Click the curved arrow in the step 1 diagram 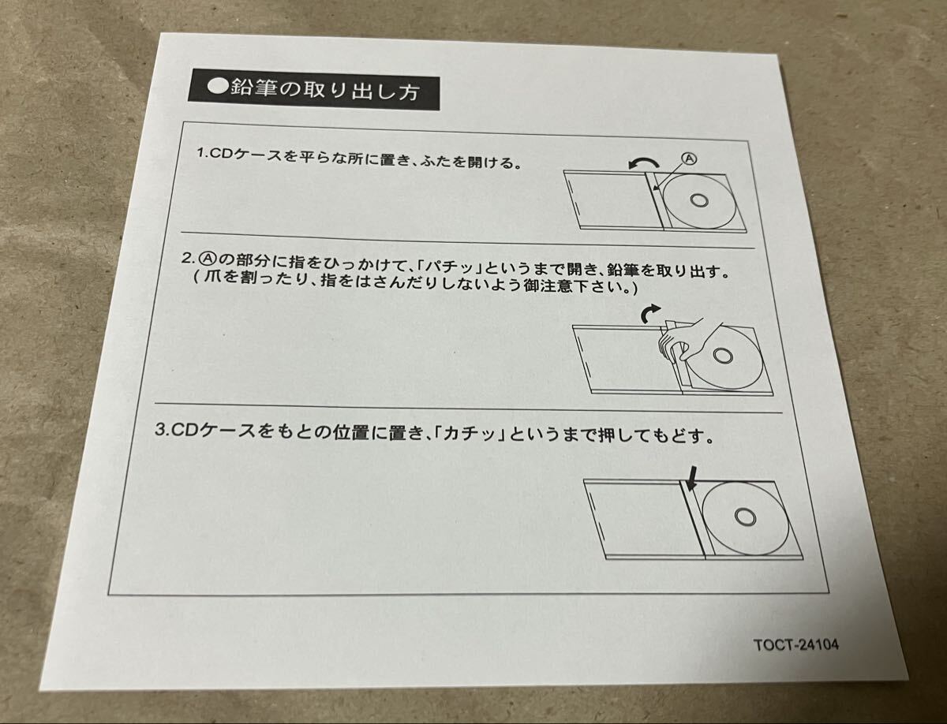642,162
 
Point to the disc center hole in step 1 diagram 698,200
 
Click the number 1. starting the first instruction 201,153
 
